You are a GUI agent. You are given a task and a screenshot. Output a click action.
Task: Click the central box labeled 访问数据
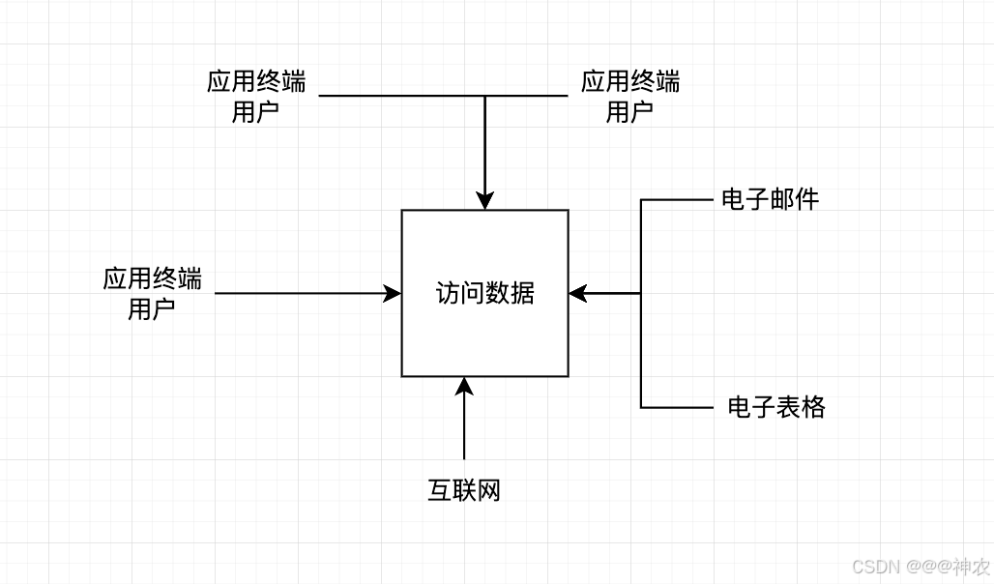pos(484,293)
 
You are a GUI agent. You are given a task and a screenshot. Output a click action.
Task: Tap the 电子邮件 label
pos(770,200)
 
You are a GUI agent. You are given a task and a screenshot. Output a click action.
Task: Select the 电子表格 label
pos(776,407)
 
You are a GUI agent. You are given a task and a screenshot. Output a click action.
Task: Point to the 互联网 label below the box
pos(464,490)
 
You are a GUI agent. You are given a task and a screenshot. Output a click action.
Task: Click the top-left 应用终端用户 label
pos(256,96)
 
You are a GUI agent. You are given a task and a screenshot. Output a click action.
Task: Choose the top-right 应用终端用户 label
pos(629,96)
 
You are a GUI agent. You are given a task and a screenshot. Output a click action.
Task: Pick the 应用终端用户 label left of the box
pos(152,294)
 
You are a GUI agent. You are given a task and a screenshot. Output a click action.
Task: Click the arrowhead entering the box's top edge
pos(484,201)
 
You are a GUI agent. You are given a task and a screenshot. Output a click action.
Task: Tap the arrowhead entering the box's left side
pos(393,293)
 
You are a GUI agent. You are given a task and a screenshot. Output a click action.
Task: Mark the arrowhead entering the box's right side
pos(578,293)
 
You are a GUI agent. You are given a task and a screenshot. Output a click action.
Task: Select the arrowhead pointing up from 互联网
pos(464,386)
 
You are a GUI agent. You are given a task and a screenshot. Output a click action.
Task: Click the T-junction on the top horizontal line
pos(484,96)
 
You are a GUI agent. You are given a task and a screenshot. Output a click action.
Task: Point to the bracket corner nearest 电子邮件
pos(641,200)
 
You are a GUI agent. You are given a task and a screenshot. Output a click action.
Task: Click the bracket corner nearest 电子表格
pos(641,407)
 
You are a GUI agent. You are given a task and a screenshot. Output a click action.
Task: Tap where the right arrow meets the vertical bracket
pos(641,293)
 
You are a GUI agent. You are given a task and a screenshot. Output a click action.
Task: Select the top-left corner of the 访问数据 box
pos(402,210)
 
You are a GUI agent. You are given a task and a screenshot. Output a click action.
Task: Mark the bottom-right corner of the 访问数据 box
pos(568,376)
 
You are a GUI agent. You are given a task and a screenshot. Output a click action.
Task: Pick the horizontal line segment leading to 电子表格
pos(677,407)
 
